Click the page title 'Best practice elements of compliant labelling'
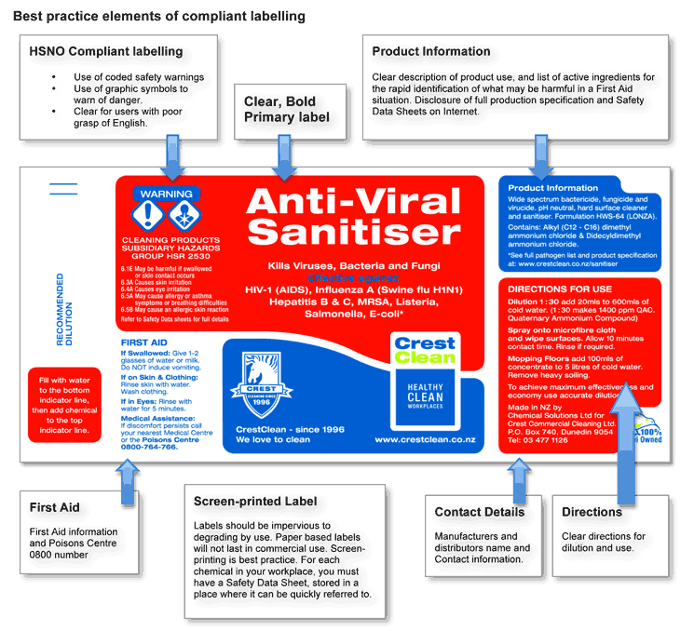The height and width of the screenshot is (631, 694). tap(157, 17)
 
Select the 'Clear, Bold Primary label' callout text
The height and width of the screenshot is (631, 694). tap(287, 110)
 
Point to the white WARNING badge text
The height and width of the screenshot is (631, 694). tap(166, 195)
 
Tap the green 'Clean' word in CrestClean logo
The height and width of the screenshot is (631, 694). tap(425, 356)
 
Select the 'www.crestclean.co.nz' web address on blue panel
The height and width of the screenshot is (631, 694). tap(425, 438)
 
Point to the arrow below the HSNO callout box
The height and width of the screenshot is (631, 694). tap(173, 151)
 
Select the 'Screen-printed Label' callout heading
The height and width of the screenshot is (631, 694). tap(255, 502)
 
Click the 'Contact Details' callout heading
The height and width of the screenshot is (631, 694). tap(480, 512)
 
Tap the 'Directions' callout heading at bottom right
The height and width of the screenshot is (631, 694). tap(592, 512)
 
